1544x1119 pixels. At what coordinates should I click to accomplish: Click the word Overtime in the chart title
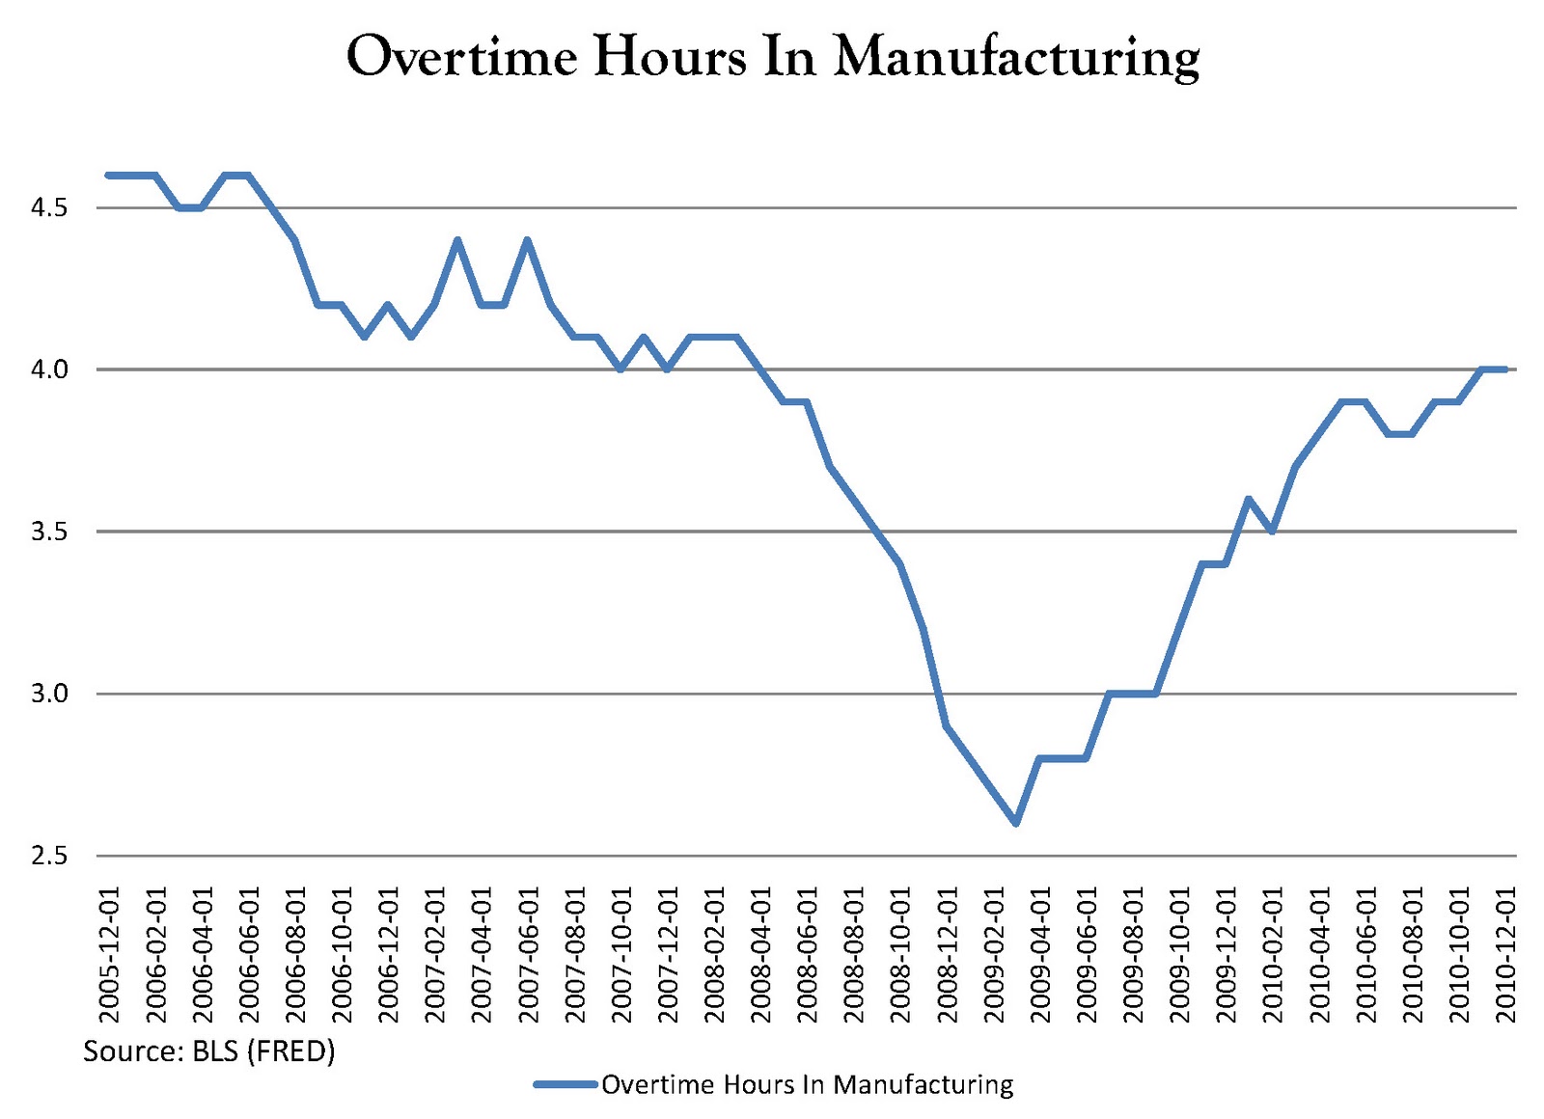click(461, 56)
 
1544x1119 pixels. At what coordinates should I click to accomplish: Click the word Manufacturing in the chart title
click(1016, 58)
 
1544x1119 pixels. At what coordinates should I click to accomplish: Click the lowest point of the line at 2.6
click(1015, 823)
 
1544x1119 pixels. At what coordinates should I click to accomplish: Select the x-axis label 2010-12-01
click(1505, 955)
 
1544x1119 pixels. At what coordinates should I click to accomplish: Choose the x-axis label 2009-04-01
click(1040, 955)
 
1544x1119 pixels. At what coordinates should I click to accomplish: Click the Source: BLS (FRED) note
click(208, 1051)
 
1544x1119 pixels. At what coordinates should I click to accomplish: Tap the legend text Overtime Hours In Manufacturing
click(807, 1085)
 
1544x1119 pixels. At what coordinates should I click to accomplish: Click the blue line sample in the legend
click(565, 1085)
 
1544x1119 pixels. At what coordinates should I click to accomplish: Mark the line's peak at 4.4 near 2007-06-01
click(527, 240)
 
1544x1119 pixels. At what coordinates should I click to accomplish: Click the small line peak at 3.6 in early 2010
click(1249, 499)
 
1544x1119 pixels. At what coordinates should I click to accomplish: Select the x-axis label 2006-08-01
click(295, 955)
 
